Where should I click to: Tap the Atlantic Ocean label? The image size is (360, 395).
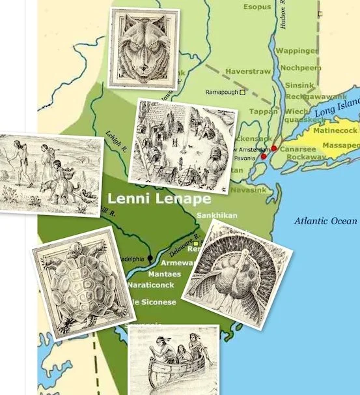325,221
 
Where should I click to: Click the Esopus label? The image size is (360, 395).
257,7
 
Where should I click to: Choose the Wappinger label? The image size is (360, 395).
297,50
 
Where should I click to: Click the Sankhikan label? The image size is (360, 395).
216,215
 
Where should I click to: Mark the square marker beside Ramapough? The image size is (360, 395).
243,93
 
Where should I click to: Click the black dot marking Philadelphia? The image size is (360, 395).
150,258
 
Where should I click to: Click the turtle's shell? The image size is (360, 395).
82,284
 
